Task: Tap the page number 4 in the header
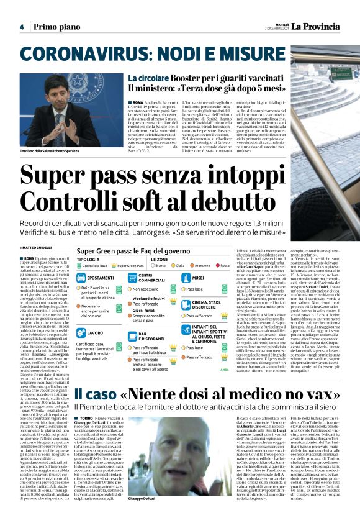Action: coord(21,27)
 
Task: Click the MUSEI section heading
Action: coord(198,278)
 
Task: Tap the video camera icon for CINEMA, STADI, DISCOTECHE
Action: coord(187,305)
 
